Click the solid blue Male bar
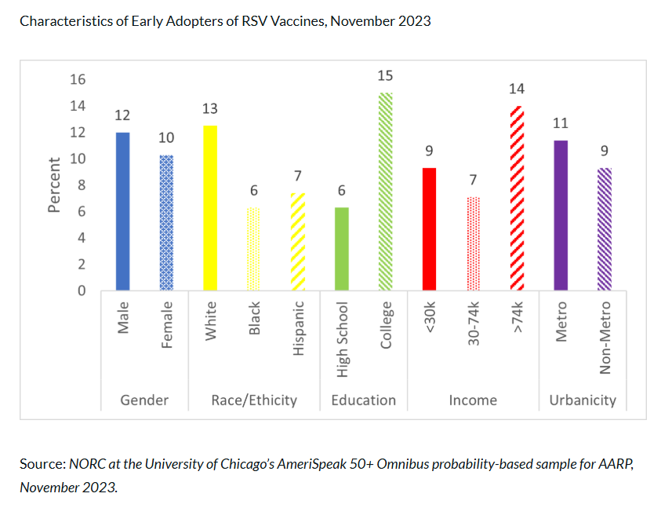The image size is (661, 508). [122, 212]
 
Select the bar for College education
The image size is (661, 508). [386, 192]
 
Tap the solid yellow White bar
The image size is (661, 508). [210, 208]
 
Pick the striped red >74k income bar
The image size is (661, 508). [517, 199]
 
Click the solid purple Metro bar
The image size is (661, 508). [561, 216]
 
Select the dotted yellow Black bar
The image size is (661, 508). [253, 250]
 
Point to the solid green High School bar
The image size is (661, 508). [342, 250]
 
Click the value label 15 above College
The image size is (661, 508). [385, 76]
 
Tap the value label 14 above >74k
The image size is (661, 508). [517, 89]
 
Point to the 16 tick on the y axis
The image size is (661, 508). [78, 79]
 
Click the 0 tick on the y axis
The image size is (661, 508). [82, 291]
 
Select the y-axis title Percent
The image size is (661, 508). [54, 185]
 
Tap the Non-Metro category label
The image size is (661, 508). [605, 338]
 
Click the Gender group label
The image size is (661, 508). [144, 400]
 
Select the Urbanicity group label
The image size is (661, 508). [582, 400]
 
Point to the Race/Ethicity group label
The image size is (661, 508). [254, 400]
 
